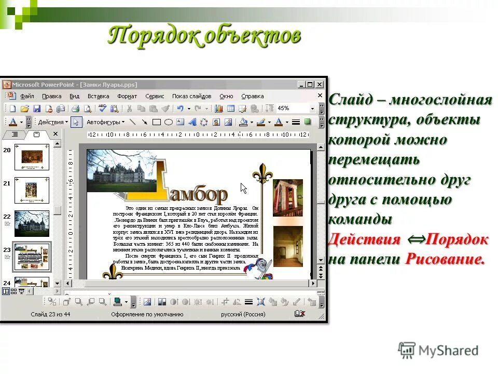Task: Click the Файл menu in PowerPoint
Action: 27,96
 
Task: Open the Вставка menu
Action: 98,96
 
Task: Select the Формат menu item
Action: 127,96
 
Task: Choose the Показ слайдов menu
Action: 191,96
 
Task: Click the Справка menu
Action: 253,96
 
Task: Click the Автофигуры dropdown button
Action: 105,122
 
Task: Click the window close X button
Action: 320,85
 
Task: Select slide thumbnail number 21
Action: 32,190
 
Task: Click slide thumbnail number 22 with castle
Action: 32,223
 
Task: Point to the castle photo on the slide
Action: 121,171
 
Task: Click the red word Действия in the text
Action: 365,239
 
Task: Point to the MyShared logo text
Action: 448,351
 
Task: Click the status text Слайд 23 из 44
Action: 50,314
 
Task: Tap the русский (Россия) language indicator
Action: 243,314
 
